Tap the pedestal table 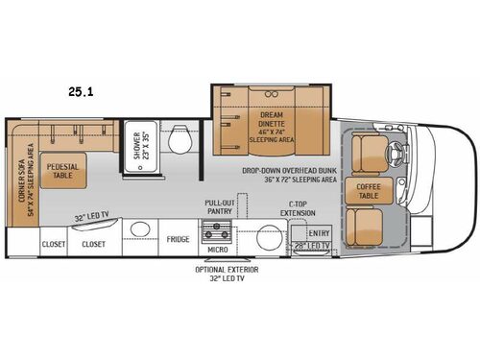pyautogui.click(x=62, y=170)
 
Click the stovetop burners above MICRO pyautogui.click(x=215, y=232)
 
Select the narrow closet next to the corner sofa pyautogui.click(x=53, y=244)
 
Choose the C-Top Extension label pyautogui.click(x=272, y=208)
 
